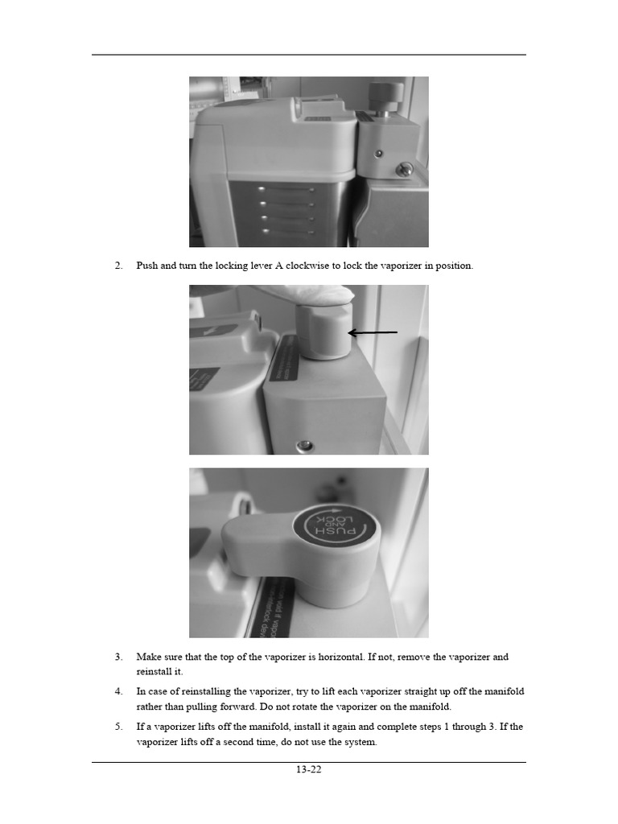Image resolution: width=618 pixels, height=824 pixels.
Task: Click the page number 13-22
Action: click(x=308, y=769)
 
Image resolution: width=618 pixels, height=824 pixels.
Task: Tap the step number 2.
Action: click(x=118, y=266)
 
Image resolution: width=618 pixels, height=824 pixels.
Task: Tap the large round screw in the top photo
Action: click(x=406, y=169)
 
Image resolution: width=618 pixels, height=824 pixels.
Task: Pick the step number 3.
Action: click(x=118, y=657)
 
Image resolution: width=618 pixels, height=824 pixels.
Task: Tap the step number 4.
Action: click(x=118, y=691)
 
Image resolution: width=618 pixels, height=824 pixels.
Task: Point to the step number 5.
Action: click(x=118, y=727)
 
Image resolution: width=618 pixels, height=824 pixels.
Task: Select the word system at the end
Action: click(x=360, y=742)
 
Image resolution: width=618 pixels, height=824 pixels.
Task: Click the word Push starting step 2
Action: click(x=147, y=266)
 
